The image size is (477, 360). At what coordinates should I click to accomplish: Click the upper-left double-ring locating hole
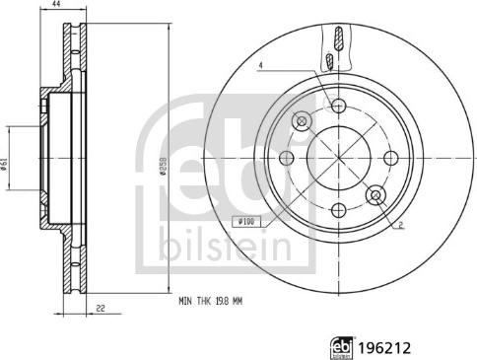click(x=302, y=120)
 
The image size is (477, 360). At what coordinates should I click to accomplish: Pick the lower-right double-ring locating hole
click(x=375, y=195)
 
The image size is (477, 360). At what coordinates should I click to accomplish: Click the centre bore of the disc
click(x=338, y=158)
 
